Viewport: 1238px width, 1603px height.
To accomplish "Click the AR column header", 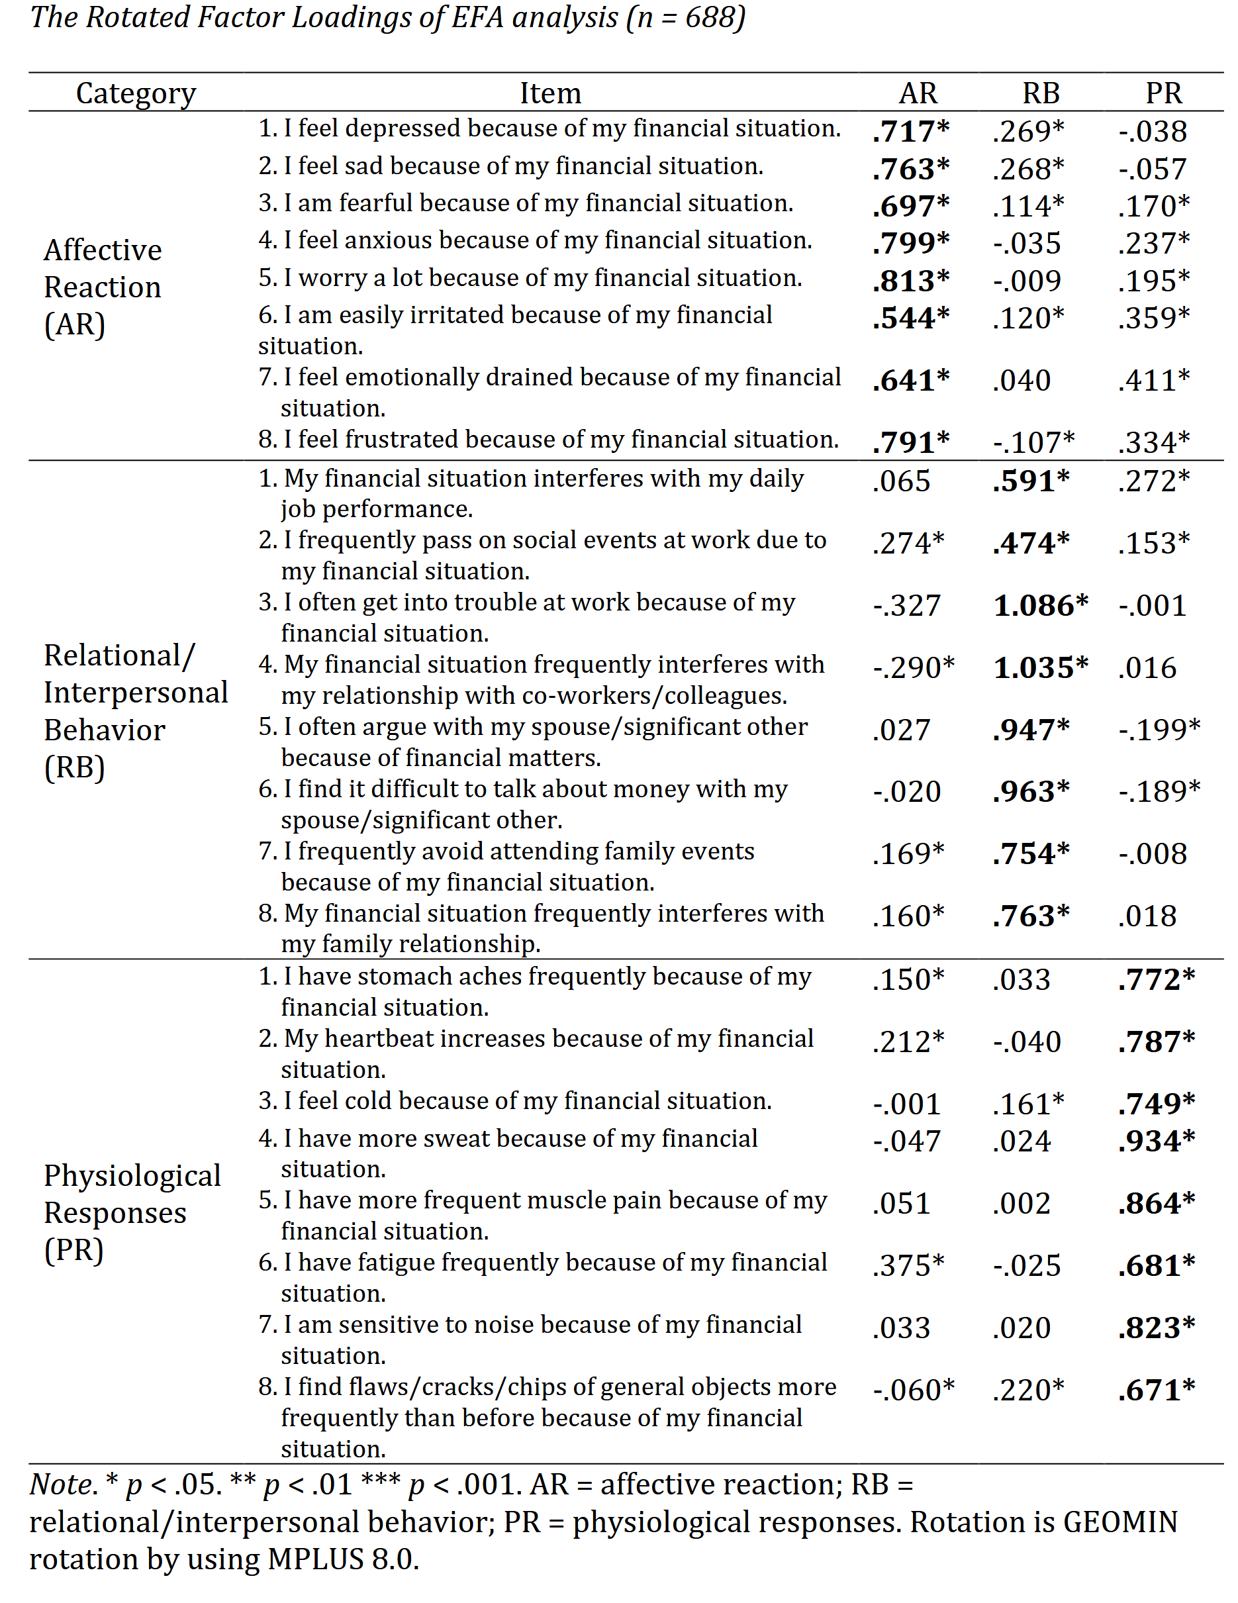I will coord(918,93).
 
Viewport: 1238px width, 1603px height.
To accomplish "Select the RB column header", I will coord(1041,93).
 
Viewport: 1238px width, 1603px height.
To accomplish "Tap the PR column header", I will coord(1163,93).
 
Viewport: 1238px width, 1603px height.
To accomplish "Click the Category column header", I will coord(136,93).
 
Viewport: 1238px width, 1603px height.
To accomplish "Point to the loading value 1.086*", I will coord(1041,606).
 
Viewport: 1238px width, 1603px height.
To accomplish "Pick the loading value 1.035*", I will coord(1041,668).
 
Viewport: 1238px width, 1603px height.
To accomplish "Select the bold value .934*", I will coord(1157,1141).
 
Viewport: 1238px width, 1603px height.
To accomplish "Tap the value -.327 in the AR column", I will coord(906,606).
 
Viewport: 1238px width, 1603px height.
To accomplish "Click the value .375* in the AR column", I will coord(908,1265).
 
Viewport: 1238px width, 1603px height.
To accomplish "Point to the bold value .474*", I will coord(1031,543).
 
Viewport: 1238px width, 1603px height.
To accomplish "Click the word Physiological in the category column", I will coord(132,1176).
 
